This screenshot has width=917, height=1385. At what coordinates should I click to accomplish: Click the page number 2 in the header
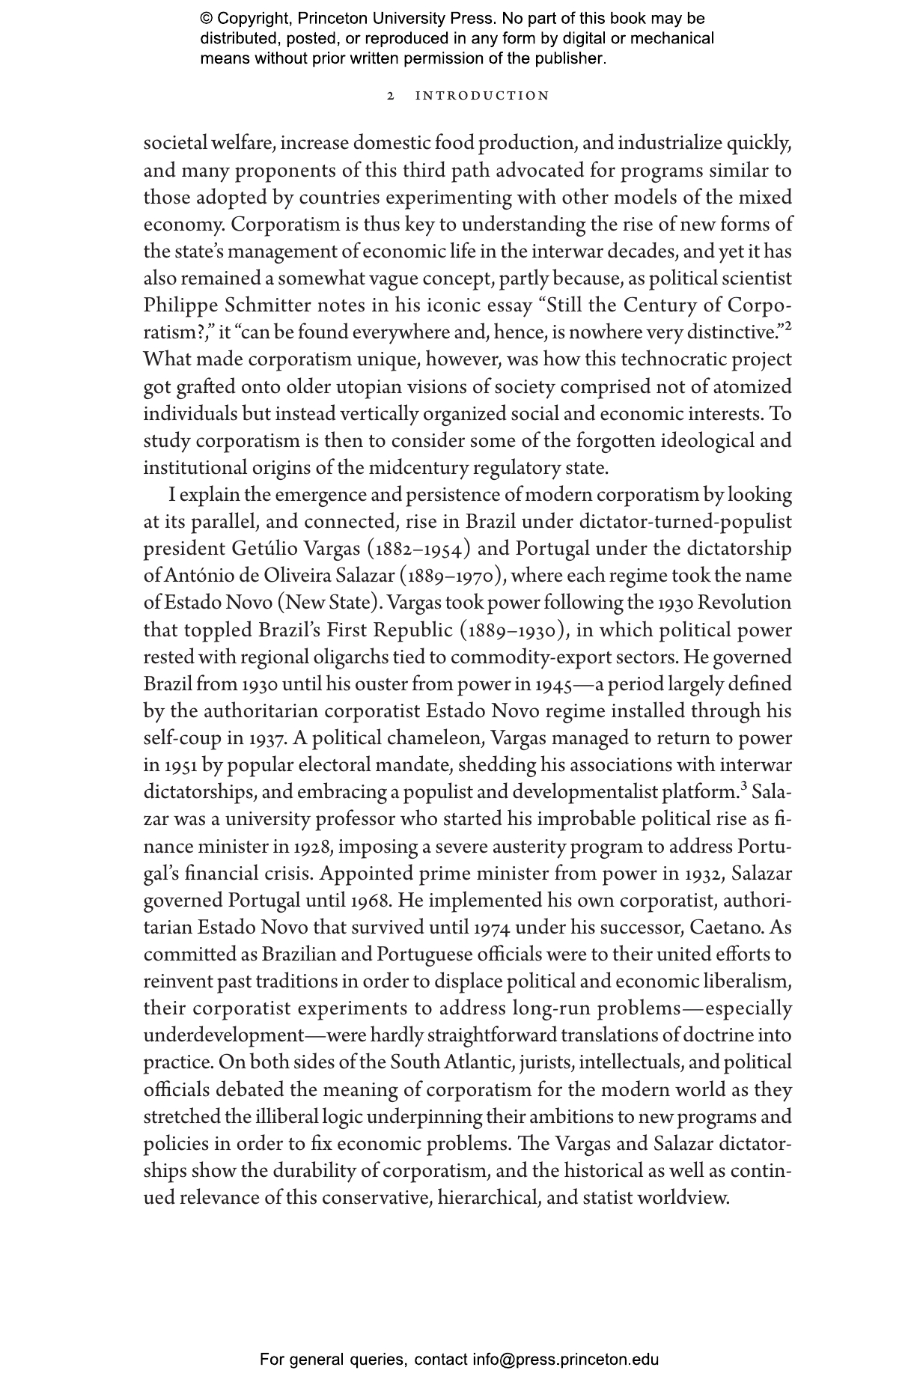[x=391, y=96]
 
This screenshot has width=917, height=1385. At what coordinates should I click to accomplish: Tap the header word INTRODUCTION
[x=482, y=96]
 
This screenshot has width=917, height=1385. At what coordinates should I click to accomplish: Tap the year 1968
[x=369, y=901]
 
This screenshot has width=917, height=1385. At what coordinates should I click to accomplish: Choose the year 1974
[x=492, y=928]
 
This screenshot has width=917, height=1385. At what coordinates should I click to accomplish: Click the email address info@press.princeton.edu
[x=565, y=1359]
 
